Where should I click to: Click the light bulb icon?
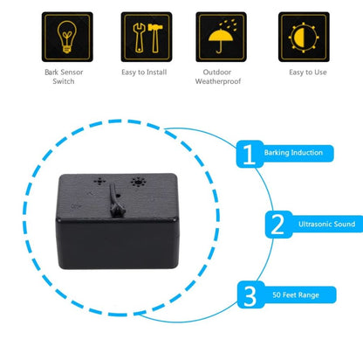click(67, 37)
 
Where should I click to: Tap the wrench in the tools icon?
click(139, 38)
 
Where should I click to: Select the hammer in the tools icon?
click(155, 38)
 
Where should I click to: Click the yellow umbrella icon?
click(221, 38)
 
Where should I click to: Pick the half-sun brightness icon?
click(304, 38)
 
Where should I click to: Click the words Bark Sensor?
click(64, 72)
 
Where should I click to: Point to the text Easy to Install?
click(144, 72)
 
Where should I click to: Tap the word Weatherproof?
click(218, 81)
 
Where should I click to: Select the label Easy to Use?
click(308, 72)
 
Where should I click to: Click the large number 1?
click(249, 154)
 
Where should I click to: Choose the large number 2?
click(277, 225)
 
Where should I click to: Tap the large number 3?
click(250, 295)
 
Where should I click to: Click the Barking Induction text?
click(293, 153)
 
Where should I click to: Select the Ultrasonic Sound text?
click(326, 224)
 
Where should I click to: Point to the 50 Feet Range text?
click(296, 294)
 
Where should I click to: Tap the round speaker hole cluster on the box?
click(138, 183)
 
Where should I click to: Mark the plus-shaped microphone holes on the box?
click(99, 182)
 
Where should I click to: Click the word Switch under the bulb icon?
click(64, 81)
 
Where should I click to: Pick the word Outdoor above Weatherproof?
click(217, 72)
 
